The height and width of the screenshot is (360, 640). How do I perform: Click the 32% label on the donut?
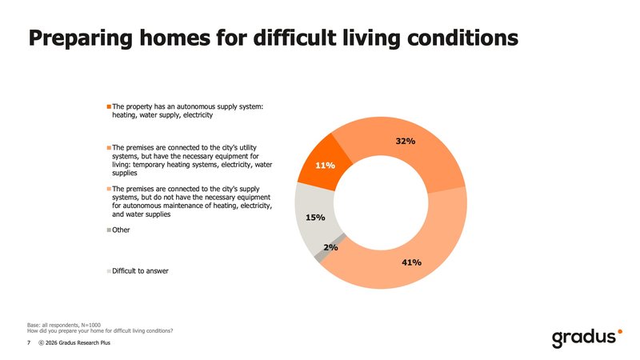click(x=405, y=142)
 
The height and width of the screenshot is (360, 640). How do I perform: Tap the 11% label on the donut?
click(x=324, y=166)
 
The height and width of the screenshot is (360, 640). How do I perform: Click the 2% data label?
click(x=330, y=248)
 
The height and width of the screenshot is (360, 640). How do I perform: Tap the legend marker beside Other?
click(x=110, y=230)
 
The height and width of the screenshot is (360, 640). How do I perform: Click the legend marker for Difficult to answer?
click(x=110, y=271)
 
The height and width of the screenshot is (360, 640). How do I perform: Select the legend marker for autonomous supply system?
click(x=110, y=106)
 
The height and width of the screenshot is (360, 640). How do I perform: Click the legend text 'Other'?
click(x=122, y=230)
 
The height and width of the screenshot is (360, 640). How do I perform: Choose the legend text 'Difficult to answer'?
click(x=141, y=271)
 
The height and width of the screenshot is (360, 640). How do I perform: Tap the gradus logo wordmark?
click(x=582, y=337)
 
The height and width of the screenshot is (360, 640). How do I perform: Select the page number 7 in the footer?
click(x=29, y=342)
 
